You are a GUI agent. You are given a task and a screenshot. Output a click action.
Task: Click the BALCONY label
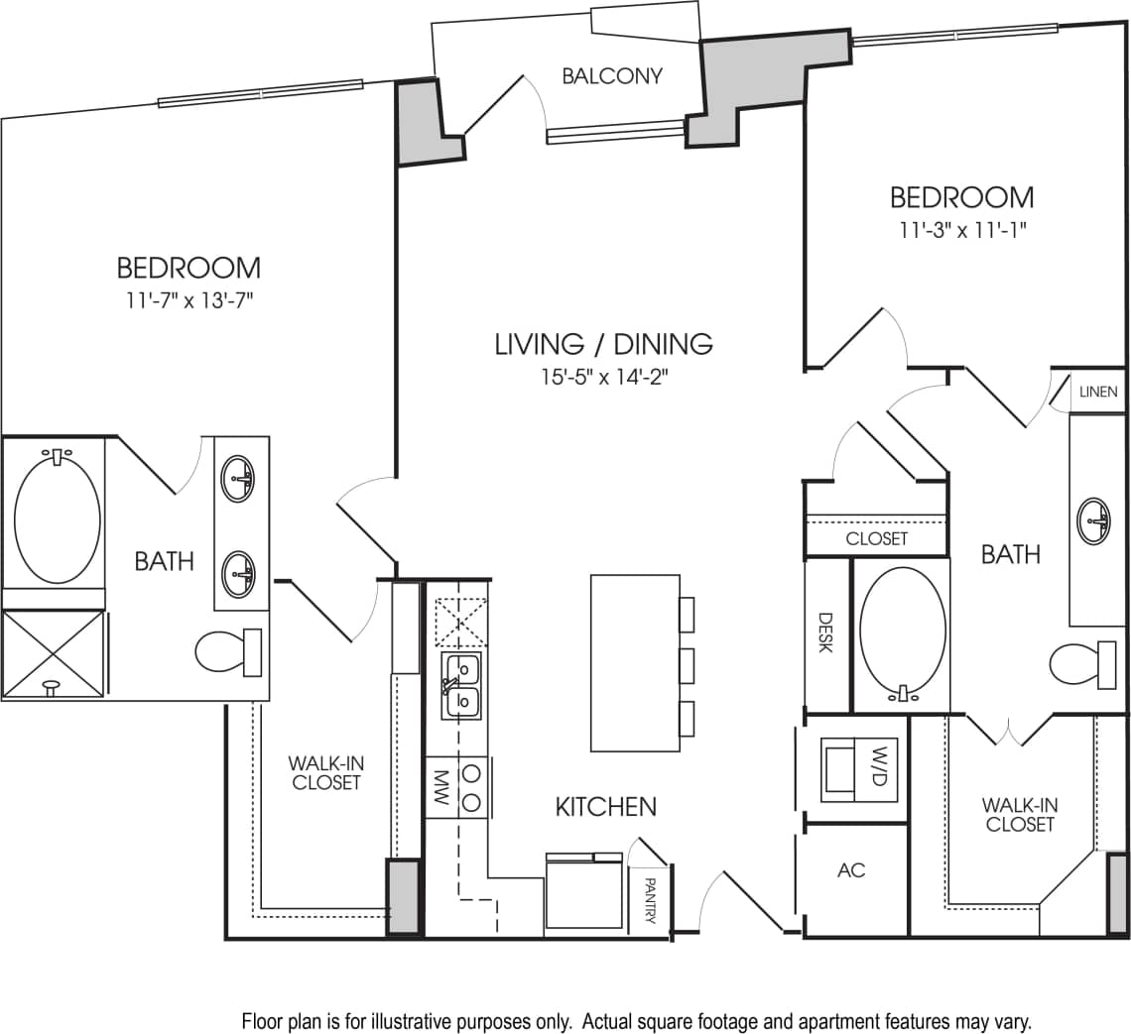[x=611, y=76]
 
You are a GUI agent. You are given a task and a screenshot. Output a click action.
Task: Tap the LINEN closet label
[x=1098, y=392]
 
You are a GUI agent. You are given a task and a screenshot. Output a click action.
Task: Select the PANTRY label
[x=651, y=899]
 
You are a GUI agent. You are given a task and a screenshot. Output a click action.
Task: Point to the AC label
[x=851, y=870]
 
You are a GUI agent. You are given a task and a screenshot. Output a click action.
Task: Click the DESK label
[x=825, y=632]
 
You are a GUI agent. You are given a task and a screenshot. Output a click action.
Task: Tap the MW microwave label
[x=441, y=787]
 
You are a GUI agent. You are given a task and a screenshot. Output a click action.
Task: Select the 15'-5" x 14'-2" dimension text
[x=605, y=378]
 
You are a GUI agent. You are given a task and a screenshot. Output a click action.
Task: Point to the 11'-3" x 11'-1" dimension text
[x=960, y=230]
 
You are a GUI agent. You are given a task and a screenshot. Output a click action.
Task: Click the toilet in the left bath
[x=227, y=652]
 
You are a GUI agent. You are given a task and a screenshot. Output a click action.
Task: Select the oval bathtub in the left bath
[x=57, y=519]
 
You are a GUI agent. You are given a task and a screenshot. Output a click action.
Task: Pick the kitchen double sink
[x=461, y=684]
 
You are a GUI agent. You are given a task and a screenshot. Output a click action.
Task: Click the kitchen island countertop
[x=634, y=662]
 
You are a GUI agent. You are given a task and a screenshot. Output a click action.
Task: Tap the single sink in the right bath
[x=1094, y=519]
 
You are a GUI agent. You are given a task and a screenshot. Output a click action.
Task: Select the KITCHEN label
[x=605, y=806]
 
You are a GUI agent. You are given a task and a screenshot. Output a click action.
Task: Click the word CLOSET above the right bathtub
[x=876, y=538]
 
